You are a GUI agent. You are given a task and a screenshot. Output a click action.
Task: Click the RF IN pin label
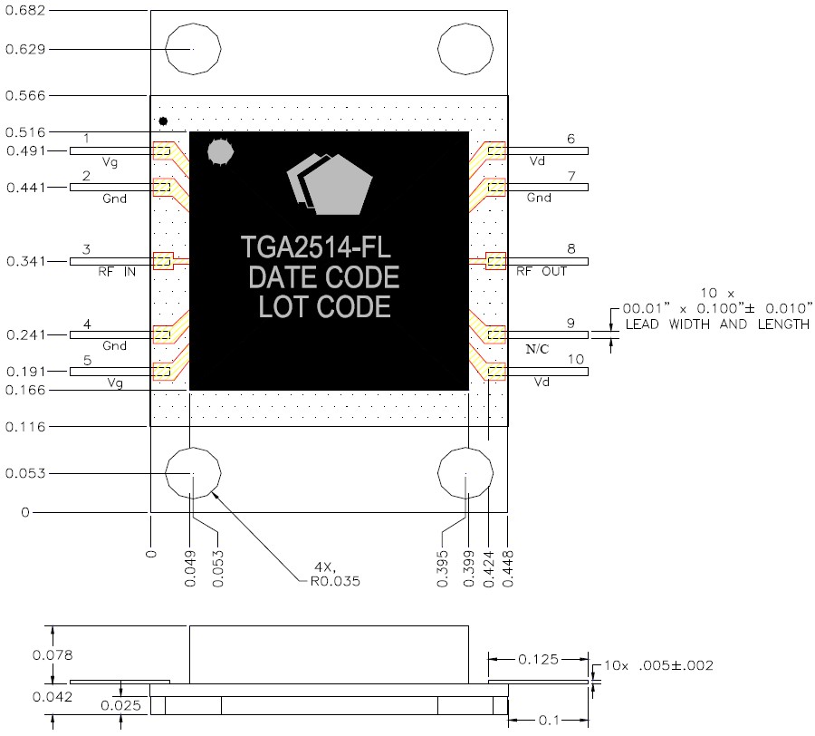[x=116, y=271]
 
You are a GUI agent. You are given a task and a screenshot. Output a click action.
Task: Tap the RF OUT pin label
[x=542, y=271]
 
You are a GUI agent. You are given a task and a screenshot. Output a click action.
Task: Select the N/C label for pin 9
[x=538, y=347]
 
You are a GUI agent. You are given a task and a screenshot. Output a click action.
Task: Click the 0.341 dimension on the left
[x=25, y=262]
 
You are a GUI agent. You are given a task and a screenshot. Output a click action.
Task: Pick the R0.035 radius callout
[x=330, y=581]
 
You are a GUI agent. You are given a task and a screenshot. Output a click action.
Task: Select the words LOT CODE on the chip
[x=324, y=307]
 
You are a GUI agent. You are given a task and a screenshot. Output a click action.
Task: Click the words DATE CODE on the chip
[x=323, y=277]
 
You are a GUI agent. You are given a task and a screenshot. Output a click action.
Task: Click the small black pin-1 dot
[x=163, y=121]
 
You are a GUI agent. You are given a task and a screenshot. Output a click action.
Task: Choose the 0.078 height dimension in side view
[x=25, y=654]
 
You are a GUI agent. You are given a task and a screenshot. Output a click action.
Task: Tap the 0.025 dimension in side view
[x=119, y=705]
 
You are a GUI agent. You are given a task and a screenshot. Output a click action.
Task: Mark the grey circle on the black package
[x=220, y=152]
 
